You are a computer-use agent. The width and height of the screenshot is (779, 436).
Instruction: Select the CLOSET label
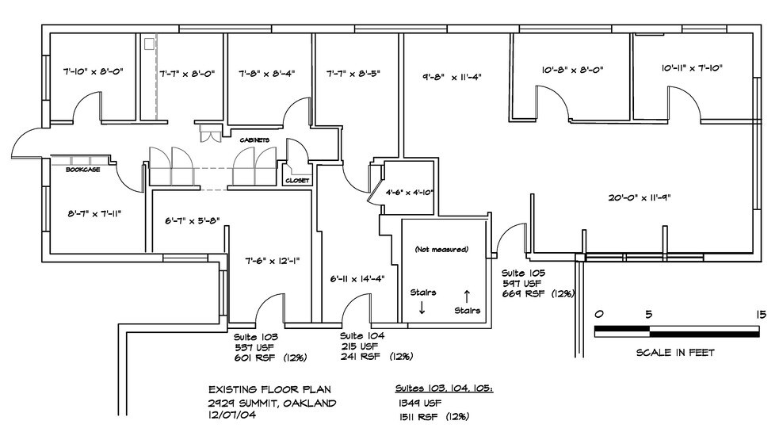[297, 180]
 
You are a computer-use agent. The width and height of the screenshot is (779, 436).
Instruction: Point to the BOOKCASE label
[82, 170]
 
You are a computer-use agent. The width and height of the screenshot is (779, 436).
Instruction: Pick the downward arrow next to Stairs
[422, 308]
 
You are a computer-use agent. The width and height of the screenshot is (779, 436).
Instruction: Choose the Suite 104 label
[362, 335]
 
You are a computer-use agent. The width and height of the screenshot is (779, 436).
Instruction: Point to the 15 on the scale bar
[762, 315]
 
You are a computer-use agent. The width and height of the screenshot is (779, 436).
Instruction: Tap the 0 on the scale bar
[599, 315]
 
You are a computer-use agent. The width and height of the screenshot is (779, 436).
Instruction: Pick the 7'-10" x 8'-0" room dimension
[93, 71]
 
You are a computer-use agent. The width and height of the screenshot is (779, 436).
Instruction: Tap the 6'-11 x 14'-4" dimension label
[357, 279]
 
